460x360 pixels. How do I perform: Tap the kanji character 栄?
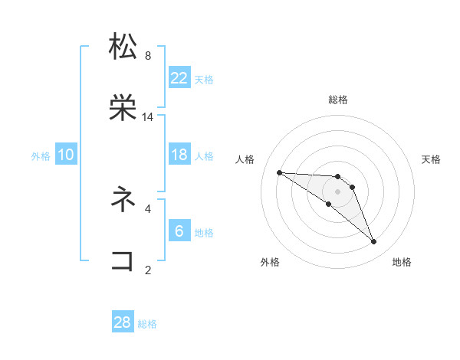(123, 108)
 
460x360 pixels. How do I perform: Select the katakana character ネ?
(123, 199)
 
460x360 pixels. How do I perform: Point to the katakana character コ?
(123, 260)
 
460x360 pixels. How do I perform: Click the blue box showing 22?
(179, 78)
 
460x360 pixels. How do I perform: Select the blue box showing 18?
(179, 155)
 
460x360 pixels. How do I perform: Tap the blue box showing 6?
(179, 231)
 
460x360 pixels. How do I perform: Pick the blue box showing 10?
(66, 155)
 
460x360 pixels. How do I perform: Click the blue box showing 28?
(123, 322)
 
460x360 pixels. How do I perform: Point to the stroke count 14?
(148, 117)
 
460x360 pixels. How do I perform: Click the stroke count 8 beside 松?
(148, 56)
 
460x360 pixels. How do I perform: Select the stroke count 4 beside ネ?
(148, 208)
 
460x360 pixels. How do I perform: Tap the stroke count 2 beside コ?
(148, 270)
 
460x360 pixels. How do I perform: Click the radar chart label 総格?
(338, 100)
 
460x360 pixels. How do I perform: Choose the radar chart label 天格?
(432, 159)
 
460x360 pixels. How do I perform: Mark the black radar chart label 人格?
(245, 159)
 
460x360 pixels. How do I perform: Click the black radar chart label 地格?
(402, 262)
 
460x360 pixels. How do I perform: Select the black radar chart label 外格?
(270, 262)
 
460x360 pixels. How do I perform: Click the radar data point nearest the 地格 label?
(374, 242)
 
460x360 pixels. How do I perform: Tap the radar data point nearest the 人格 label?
(279, 172)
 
